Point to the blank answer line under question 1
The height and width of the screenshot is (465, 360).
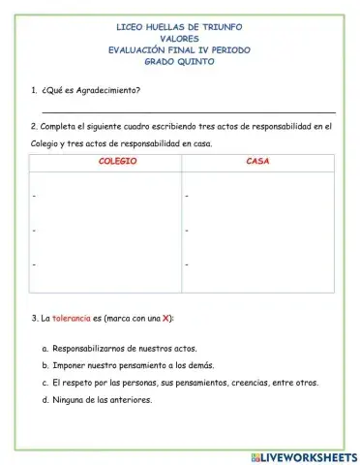[184, 112]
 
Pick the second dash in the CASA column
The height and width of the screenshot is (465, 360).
[186, 231]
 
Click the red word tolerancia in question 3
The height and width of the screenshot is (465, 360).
[72, 318]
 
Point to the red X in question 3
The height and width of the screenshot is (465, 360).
[166, 318]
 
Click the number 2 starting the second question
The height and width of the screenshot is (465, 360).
[33, 126]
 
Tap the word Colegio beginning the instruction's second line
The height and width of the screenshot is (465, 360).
[47, 143]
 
